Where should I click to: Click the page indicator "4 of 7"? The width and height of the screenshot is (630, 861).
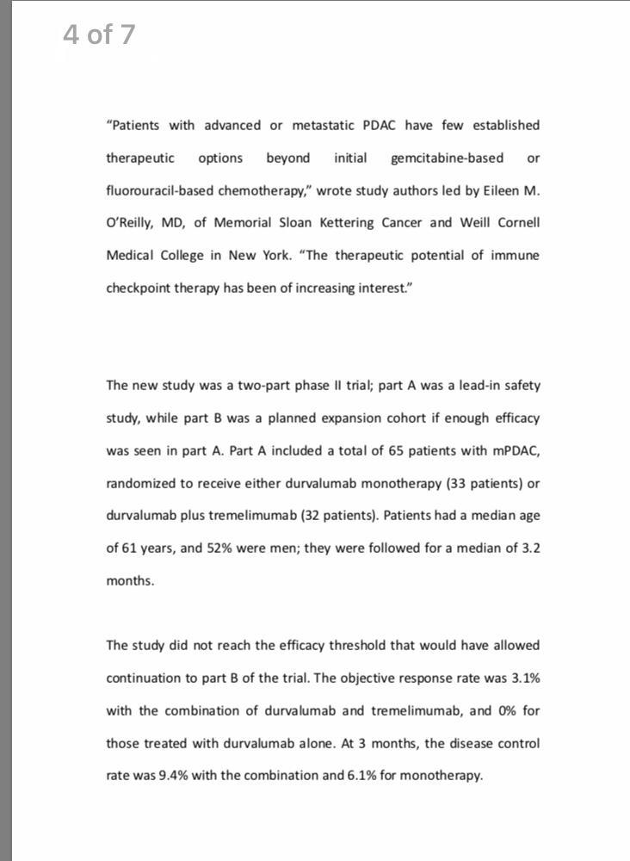(99, 34)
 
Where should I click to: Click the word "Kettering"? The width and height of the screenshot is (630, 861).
(357, 223)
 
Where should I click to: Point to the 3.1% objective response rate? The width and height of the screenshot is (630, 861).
(525, 678)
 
